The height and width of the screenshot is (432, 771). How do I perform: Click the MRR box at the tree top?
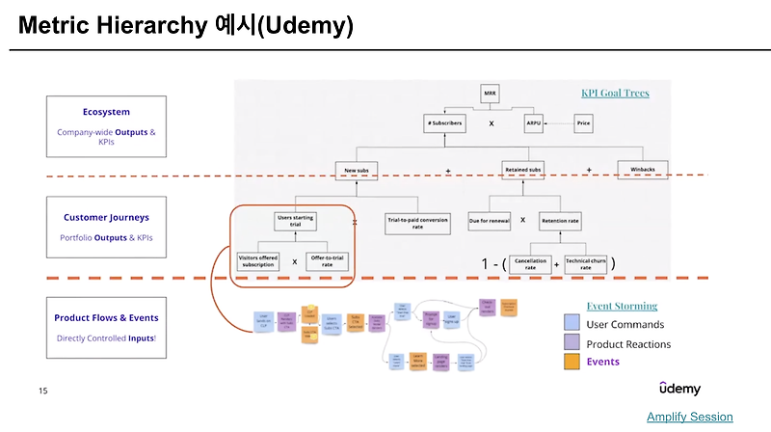click(492, 94)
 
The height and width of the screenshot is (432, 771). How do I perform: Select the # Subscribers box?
click(442, 124)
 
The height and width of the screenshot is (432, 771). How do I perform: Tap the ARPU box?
click(535, 124)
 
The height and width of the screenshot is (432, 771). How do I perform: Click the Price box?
click(583, 124)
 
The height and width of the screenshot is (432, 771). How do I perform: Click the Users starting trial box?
click(297, 221)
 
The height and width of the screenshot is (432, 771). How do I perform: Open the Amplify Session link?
click(689, 417)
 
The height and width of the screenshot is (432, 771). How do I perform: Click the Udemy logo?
click(679, 389)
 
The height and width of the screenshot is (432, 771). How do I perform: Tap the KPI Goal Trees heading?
click(615, 94)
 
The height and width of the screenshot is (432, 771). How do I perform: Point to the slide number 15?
click(42, 391)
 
